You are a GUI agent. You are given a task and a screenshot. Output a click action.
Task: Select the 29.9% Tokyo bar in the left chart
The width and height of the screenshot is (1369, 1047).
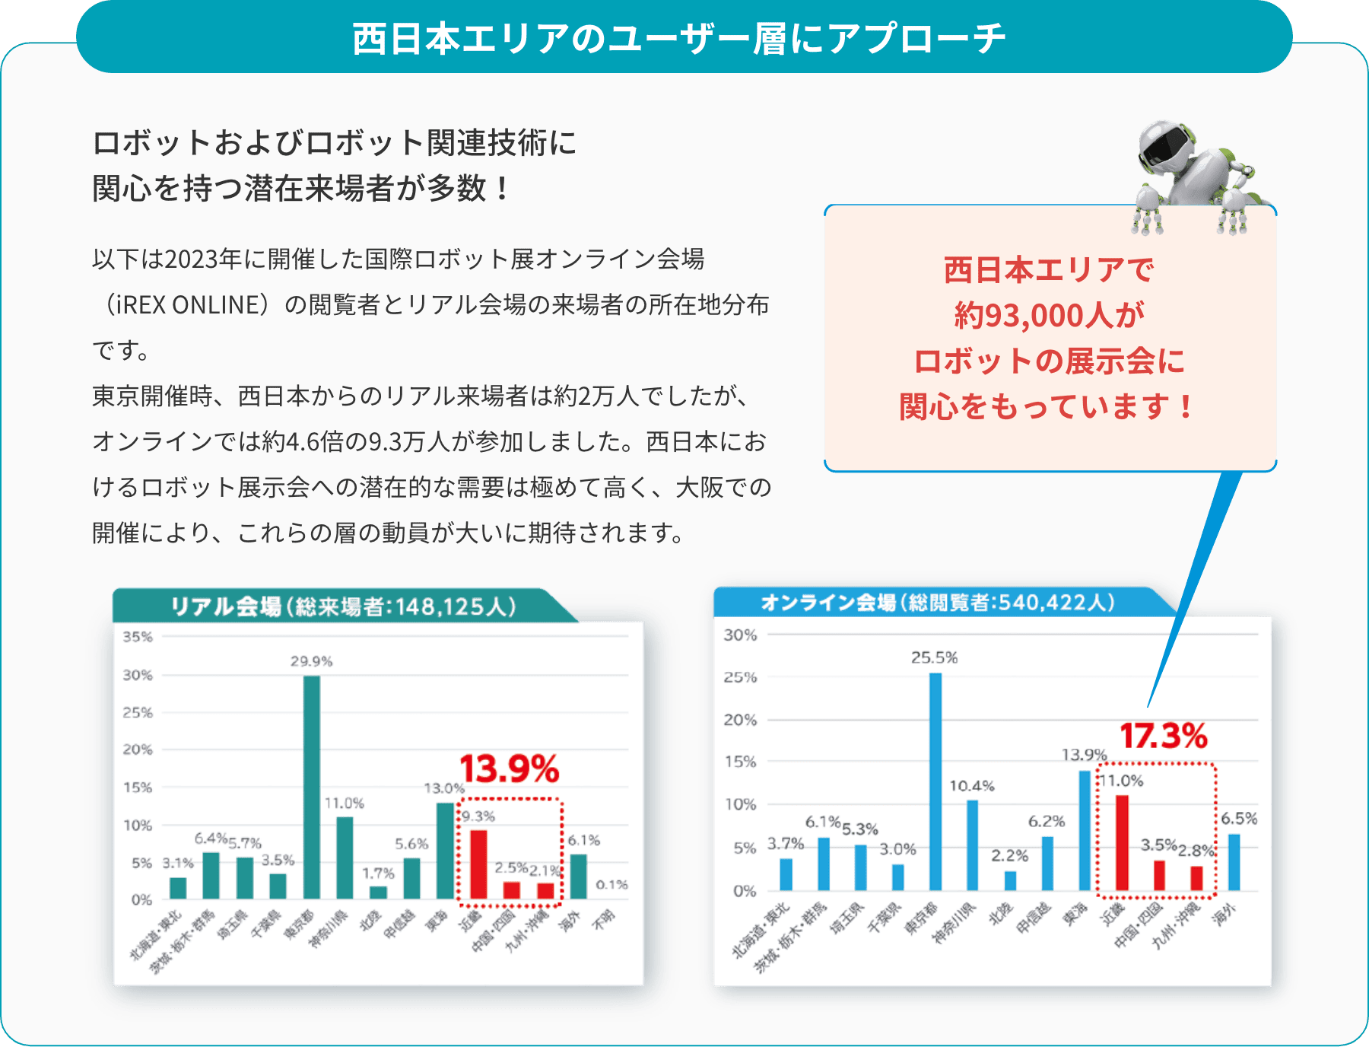tap(311, 788)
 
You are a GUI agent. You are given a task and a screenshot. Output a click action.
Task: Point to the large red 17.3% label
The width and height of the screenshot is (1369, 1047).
tap(1163, 736)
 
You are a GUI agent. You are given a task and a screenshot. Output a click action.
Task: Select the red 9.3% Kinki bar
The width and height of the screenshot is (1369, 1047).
tap(478, 865)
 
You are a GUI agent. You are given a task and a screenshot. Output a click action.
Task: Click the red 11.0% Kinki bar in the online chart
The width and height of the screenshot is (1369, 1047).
tap(1122, 843)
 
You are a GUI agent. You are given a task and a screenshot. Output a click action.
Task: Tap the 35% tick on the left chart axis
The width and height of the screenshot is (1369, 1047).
tap(138, 637)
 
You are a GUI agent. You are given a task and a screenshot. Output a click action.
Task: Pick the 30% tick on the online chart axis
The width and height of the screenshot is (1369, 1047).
tap(740, 635)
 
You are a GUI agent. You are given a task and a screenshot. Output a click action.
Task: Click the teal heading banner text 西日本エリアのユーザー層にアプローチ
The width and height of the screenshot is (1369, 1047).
tap(678, 38)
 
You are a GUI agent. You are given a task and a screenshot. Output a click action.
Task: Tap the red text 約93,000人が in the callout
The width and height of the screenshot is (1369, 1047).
tap(1050, 315)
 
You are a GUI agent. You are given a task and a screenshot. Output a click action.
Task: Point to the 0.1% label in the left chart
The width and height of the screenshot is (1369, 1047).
tap(611, 884)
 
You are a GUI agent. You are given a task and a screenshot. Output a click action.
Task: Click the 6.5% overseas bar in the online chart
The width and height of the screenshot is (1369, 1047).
tap(1234, 863)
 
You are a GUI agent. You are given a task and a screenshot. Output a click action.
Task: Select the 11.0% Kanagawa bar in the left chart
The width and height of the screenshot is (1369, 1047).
tap(345, 858)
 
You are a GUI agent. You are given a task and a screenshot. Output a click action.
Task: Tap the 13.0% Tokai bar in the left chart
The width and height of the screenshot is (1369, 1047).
tap(445, 851)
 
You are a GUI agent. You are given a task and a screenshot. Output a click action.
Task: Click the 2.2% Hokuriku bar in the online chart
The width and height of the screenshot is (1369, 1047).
tap(1010, 881)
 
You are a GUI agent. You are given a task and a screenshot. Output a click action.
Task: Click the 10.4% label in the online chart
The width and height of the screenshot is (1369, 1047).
tap(971, 786)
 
